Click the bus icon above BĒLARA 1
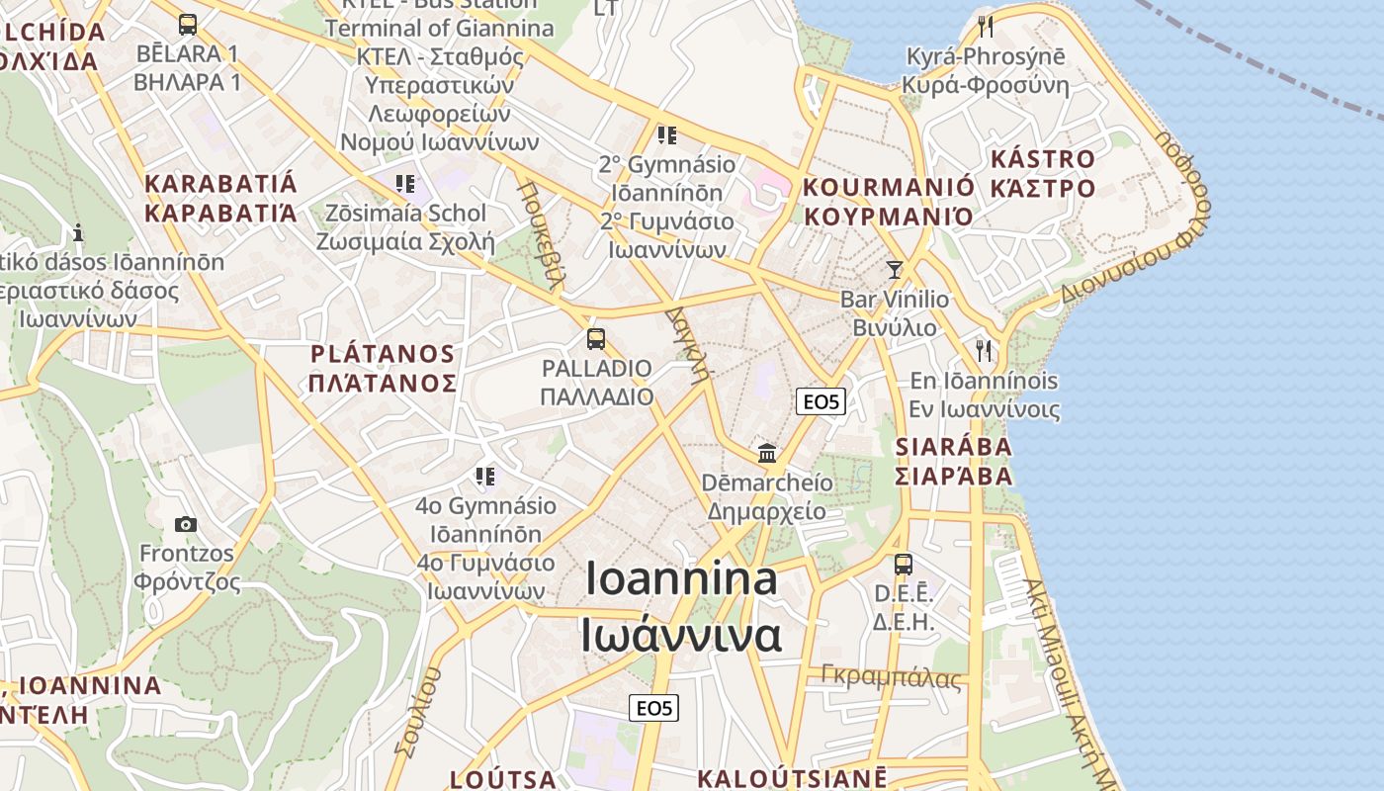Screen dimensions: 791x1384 [188, 25]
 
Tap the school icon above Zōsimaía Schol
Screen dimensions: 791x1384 [403, 184]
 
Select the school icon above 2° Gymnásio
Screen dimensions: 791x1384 [666, 134]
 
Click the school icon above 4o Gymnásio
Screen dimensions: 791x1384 [484, 478]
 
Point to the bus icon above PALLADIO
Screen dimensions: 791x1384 [596, 339]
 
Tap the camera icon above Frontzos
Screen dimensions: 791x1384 [185, 524]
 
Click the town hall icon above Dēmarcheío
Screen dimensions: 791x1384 [767, 454]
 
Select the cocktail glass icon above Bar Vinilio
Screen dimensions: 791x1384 [895, 269]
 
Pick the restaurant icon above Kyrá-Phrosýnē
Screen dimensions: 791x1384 [985, 26]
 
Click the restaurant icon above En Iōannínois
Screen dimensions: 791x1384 [984, 350]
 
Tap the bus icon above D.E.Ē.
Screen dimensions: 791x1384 [904, 565]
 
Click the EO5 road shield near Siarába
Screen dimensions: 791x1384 [821, 401]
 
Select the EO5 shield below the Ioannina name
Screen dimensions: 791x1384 [654, 708]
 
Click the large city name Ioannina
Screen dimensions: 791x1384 [681, 578]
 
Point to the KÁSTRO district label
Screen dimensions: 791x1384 [1043, 159]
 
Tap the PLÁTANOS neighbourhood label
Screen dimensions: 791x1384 [383, 354]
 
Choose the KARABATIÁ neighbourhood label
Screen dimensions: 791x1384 [220, 184]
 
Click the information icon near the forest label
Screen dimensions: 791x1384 [78, 233]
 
